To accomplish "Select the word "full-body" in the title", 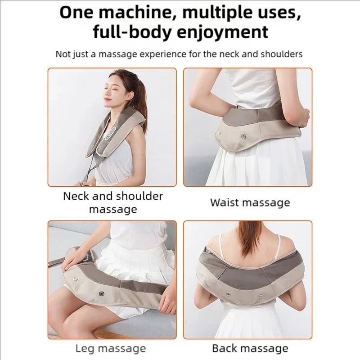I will point(130,33).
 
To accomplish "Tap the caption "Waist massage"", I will point(250,202).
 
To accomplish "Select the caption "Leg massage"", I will point(110,348).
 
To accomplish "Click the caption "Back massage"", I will point(250,348).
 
